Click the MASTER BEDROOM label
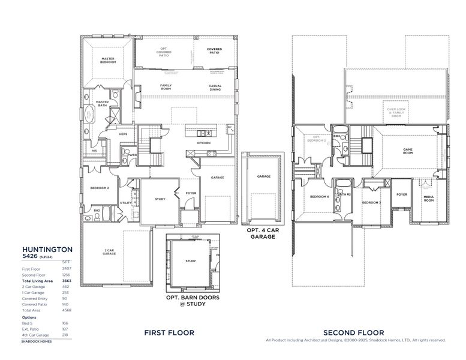coord(108,60)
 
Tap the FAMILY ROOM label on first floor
coord(166,86)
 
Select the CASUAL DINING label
coord(215,86)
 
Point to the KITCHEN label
coord(204,143)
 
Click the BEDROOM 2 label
coord(100,188)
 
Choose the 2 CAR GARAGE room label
coord(109,253)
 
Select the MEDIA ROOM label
coord(428,199)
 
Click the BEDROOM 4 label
coord(318,197)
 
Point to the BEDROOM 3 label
coord(371,202)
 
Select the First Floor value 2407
coord(67,269)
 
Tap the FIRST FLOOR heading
coord(169,332)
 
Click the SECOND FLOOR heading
coord(354,332)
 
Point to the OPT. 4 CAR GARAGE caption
coord(261,233)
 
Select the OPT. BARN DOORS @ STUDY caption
coord(192,301)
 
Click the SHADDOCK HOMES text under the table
coord(37,341)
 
